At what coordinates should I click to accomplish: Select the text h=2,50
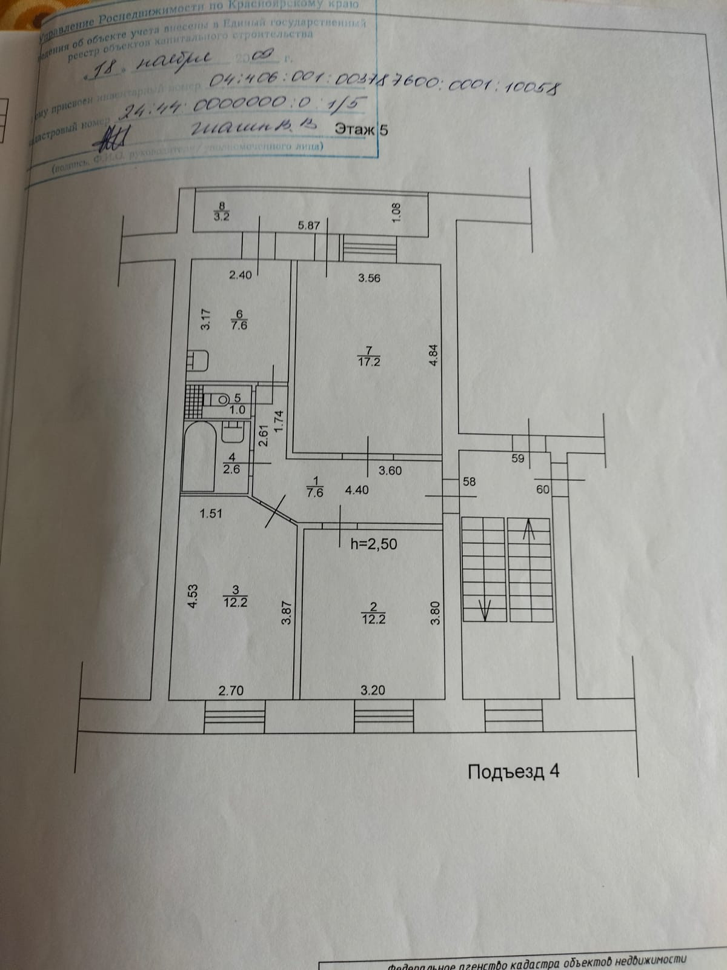tap(374, 544)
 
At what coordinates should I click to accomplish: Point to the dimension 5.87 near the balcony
tap(309, 226)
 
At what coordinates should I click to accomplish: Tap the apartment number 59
tap(517, 459)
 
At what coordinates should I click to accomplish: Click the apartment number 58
tap(469, 482)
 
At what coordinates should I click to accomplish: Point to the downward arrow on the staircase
tap(485, 608)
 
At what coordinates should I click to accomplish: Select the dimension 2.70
tap(231, 690)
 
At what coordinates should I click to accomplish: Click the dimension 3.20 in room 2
tap(373, 690)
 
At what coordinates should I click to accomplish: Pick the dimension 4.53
tap(192, 595)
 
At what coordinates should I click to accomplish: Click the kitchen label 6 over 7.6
tap(239, 320)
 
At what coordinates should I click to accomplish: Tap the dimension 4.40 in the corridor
tap(356, 490)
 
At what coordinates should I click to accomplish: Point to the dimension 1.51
tap(211, 513)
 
